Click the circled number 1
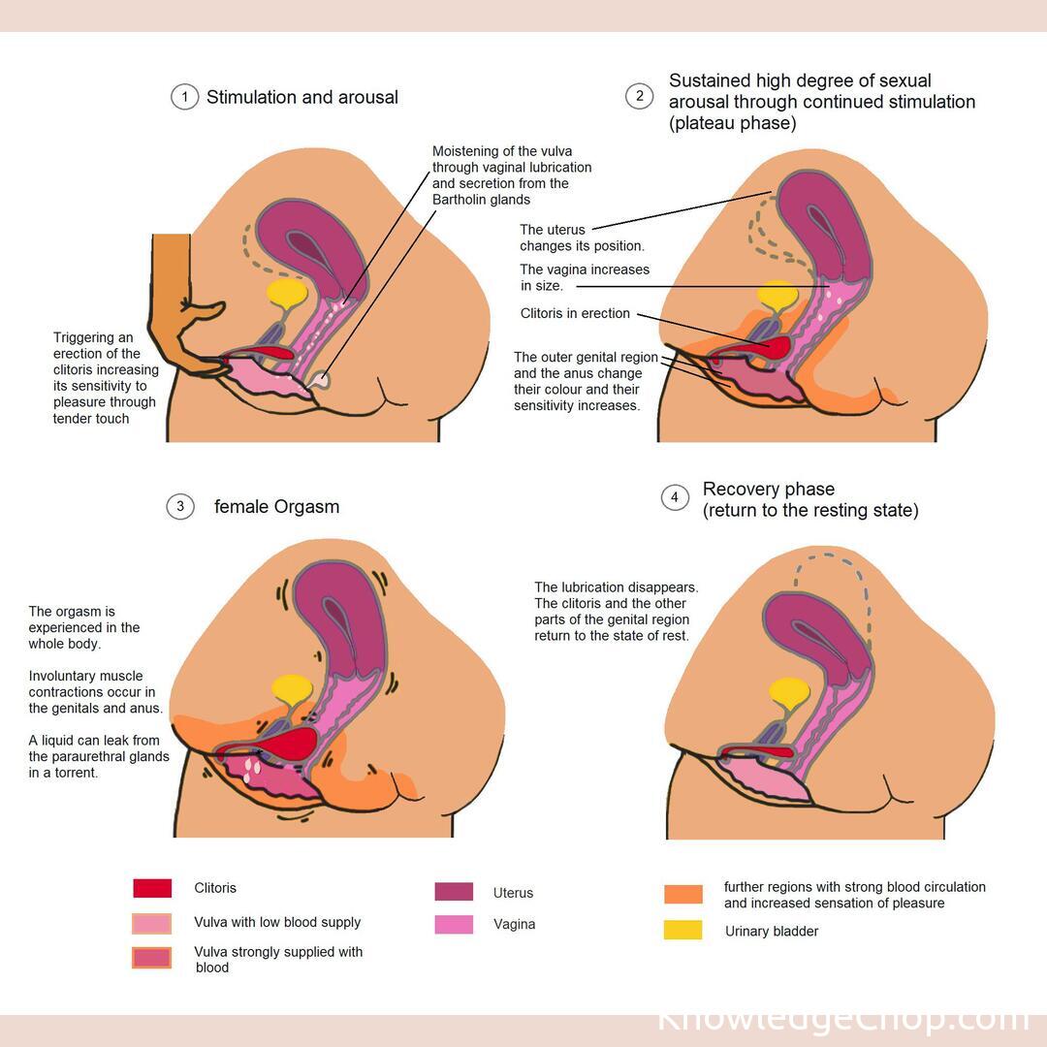pyautogui.click(x=184, y=97)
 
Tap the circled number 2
pyautogui.click(x=639, y=96)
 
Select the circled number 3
pyautogui.click(x=180, y=506)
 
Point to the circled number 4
pyautogui.click(x=675, y=498)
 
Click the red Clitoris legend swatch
pyautogui.click(x=152, y=888)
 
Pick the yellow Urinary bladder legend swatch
pyautogui.click(x=682, y=931)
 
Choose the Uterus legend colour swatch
pyautogui.click(x=454, y=892)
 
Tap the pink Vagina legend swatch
pyautogui.click(x=454, y=924)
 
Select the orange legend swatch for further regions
pyautogui.click(x=682, y=894)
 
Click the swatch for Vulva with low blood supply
pyautogui.click(x=152, y=923)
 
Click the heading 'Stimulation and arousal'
pyautogui.click(x=301, y=97)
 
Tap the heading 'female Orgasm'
pyautogui.click(x=276, y=507)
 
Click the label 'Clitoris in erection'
pyautogui.click(x=575, y=314)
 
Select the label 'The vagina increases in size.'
pyautogui.click(x=585, y=277)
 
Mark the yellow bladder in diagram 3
pyautogui.click(x=292, y=687)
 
